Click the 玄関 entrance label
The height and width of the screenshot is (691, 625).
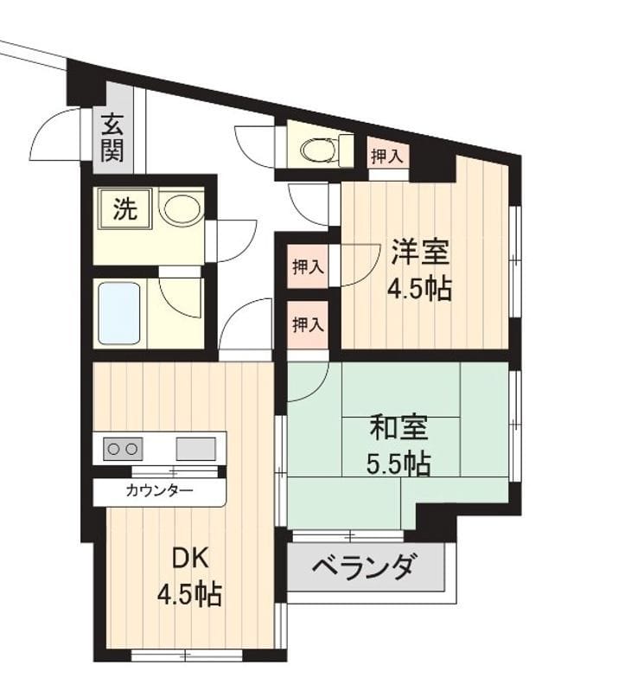coord(112,138)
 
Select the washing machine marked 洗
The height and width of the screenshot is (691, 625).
coord(126,209)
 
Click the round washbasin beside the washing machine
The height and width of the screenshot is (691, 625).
coord(180,208)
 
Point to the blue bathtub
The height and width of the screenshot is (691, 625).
coord(119,312)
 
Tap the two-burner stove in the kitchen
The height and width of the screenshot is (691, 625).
coord(123,449)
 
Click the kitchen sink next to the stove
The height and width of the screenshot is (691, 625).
coord(196,449)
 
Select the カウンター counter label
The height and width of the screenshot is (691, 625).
coord(159,490)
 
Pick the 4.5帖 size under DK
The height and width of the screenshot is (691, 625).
coord(189,594)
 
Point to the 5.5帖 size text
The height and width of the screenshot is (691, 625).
coord(399,464)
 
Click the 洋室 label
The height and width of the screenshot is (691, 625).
coord(421,252)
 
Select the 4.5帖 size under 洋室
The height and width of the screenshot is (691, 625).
coord(419,288)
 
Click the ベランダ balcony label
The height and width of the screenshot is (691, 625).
coord(364,567)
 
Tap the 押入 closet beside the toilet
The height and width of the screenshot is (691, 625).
coord(387,157)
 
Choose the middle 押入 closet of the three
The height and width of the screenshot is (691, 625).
coord(309,266)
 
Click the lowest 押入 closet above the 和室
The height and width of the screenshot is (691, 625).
coord(309,325)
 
